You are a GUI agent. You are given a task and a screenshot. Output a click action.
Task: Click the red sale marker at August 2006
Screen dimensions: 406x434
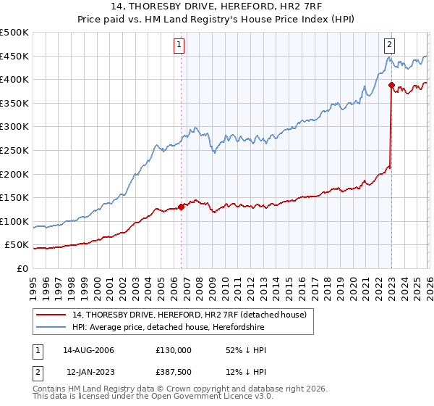pyautogui.click(x=181, y=207)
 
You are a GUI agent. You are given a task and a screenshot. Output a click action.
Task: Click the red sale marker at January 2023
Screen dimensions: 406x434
pyautogui.click(x=391, y=86)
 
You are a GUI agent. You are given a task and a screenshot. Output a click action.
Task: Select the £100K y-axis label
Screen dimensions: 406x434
pyautogui.click(x=14, y=221)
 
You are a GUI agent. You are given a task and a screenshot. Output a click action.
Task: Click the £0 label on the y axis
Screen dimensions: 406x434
pyautogui.click(x=23, y=268)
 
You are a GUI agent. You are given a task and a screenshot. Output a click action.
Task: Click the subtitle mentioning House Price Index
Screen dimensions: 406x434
pyautogui.click(x=217, y=21)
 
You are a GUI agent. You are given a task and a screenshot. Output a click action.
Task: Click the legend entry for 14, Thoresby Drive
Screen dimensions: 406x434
pyautogui.click(x=190, y=315)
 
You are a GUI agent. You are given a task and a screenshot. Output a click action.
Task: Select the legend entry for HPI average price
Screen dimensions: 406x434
pyautogui.click(x=168, y=328)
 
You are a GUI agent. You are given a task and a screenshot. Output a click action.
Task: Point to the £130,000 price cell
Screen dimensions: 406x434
pyautogui.click(x=174, y=350)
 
